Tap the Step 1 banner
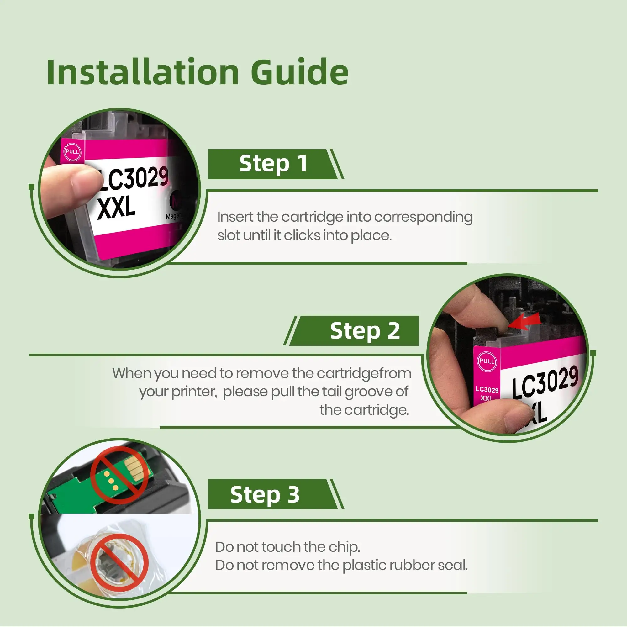[x=276, y=164]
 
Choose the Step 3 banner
[x=276, y=494]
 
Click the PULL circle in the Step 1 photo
[x=72, y=152]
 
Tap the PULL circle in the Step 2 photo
[x=487, y=361]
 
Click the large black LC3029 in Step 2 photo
[x=545, y=381]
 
